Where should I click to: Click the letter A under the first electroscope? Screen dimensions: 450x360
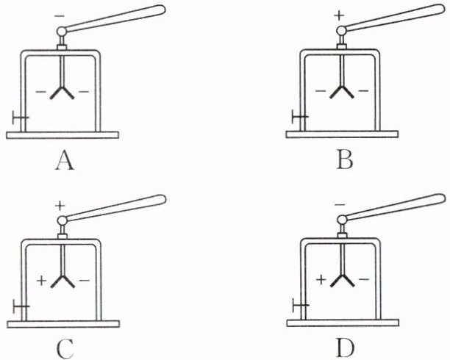64,160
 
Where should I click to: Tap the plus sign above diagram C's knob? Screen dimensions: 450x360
60,205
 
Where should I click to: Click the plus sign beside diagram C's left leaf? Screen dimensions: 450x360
40,280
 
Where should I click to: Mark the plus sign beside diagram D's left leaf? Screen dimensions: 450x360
320,280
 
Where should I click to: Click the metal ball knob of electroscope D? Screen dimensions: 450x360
341,219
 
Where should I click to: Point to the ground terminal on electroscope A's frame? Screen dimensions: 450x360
20,118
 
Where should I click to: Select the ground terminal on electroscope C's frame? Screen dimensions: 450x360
20,306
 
